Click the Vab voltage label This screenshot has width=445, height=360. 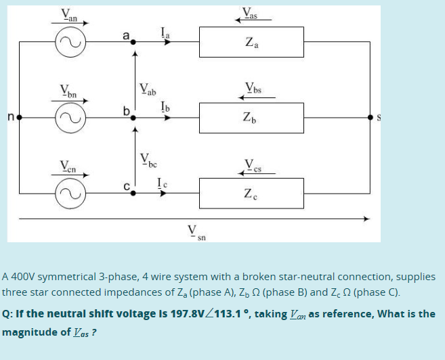pyautogui.click(x=148, y=87)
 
